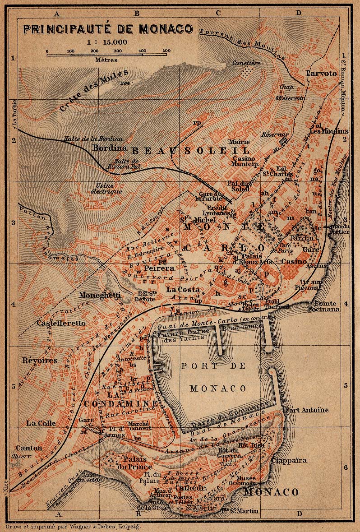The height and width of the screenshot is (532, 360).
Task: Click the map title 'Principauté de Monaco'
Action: coord(108,29)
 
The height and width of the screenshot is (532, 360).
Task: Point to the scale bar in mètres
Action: coord(108,55)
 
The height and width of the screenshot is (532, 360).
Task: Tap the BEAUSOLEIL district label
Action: coord(190,150)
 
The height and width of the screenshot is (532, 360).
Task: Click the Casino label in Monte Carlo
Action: coord(294,261)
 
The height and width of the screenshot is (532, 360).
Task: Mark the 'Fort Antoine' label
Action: coord(306,410)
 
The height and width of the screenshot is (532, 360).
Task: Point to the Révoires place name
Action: coord(40,360)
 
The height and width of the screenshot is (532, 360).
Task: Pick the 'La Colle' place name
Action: coord(41,423)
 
